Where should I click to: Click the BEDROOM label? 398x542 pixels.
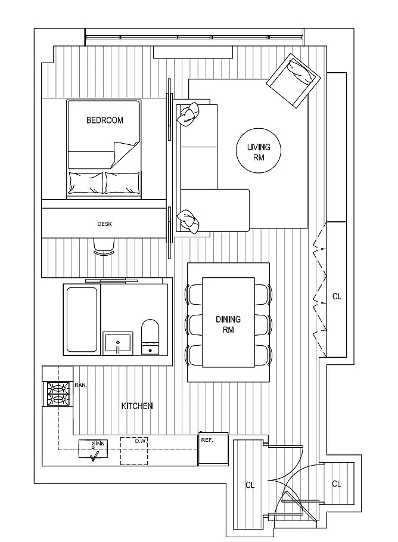pyautogui.click(x=105, y=120)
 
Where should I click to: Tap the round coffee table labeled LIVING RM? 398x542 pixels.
pyautogui.click(x=259, y=151)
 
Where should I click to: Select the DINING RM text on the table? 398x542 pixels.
pyautogui.click(x=228, y=324)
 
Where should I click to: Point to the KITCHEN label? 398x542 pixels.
pyautogui.click(x=137, y=406)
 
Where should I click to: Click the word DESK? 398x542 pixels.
pyautogui.click(x=105, y=224)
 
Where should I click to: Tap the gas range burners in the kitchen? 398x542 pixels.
pyautogui.click(x=58, y=394)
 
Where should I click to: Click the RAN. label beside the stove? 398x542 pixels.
pyautogui.click(x=81, y=385)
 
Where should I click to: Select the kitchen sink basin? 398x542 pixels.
pyautogui.click(x=93, y=449)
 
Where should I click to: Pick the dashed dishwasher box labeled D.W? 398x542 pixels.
pyautogui.click(x=134, y=451)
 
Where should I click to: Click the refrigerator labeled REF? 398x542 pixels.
pyautogui.click(x=213, y=449)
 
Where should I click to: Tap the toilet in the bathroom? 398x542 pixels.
pyautogui.click(x=150, y=337)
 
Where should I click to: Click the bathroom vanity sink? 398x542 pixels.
pyautogui.click(x=118, y=343)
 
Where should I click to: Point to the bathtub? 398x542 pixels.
pyautogui.click(x=82, y=320)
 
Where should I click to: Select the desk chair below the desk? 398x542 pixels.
pyautogui.click(x=104, y=247)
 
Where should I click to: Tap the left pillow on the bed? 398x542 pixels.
pyautogui.click(x=86, y=183)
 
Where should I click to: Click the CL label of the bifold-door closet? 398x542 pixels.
pyautogui.click(x=337, y=296)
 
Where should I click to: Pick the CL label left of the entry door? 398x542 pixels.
pyautogui.click(x=250, y=485)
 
